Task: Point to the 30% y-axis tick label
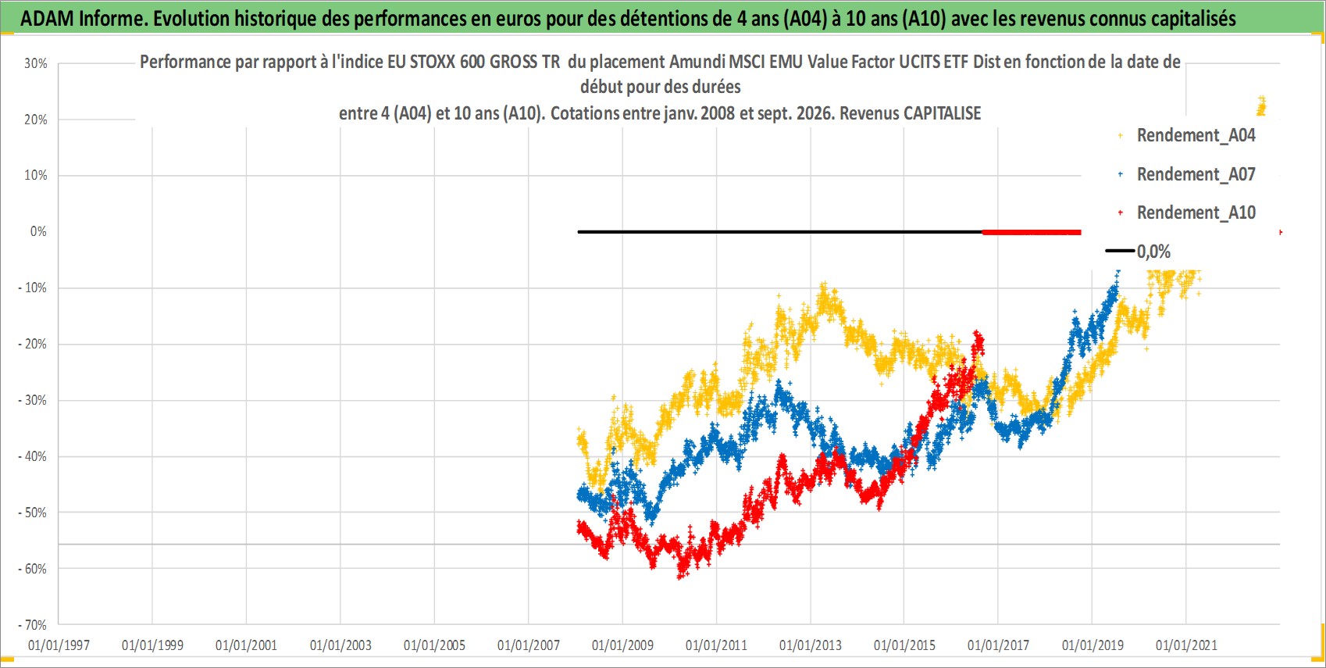[35, 63]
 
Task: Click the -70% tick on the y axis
[33, 625]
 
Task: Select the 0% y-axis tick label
[38, 231]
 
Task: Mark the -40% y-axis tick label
[33, 456]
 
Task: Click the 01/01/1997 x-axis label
[59, 645]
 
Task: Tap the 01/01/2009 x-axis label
[622, 645]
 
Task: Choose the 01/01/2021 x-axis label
[1186, 645]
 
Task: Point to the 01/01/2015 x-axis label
[904, 645]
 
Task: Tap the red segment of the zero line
[1032, 232]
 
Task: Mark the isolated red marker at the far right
[1281, 233]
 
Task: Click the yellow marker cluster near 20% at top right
[1261, 106]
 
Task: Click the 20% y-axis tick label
[35, 120]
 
